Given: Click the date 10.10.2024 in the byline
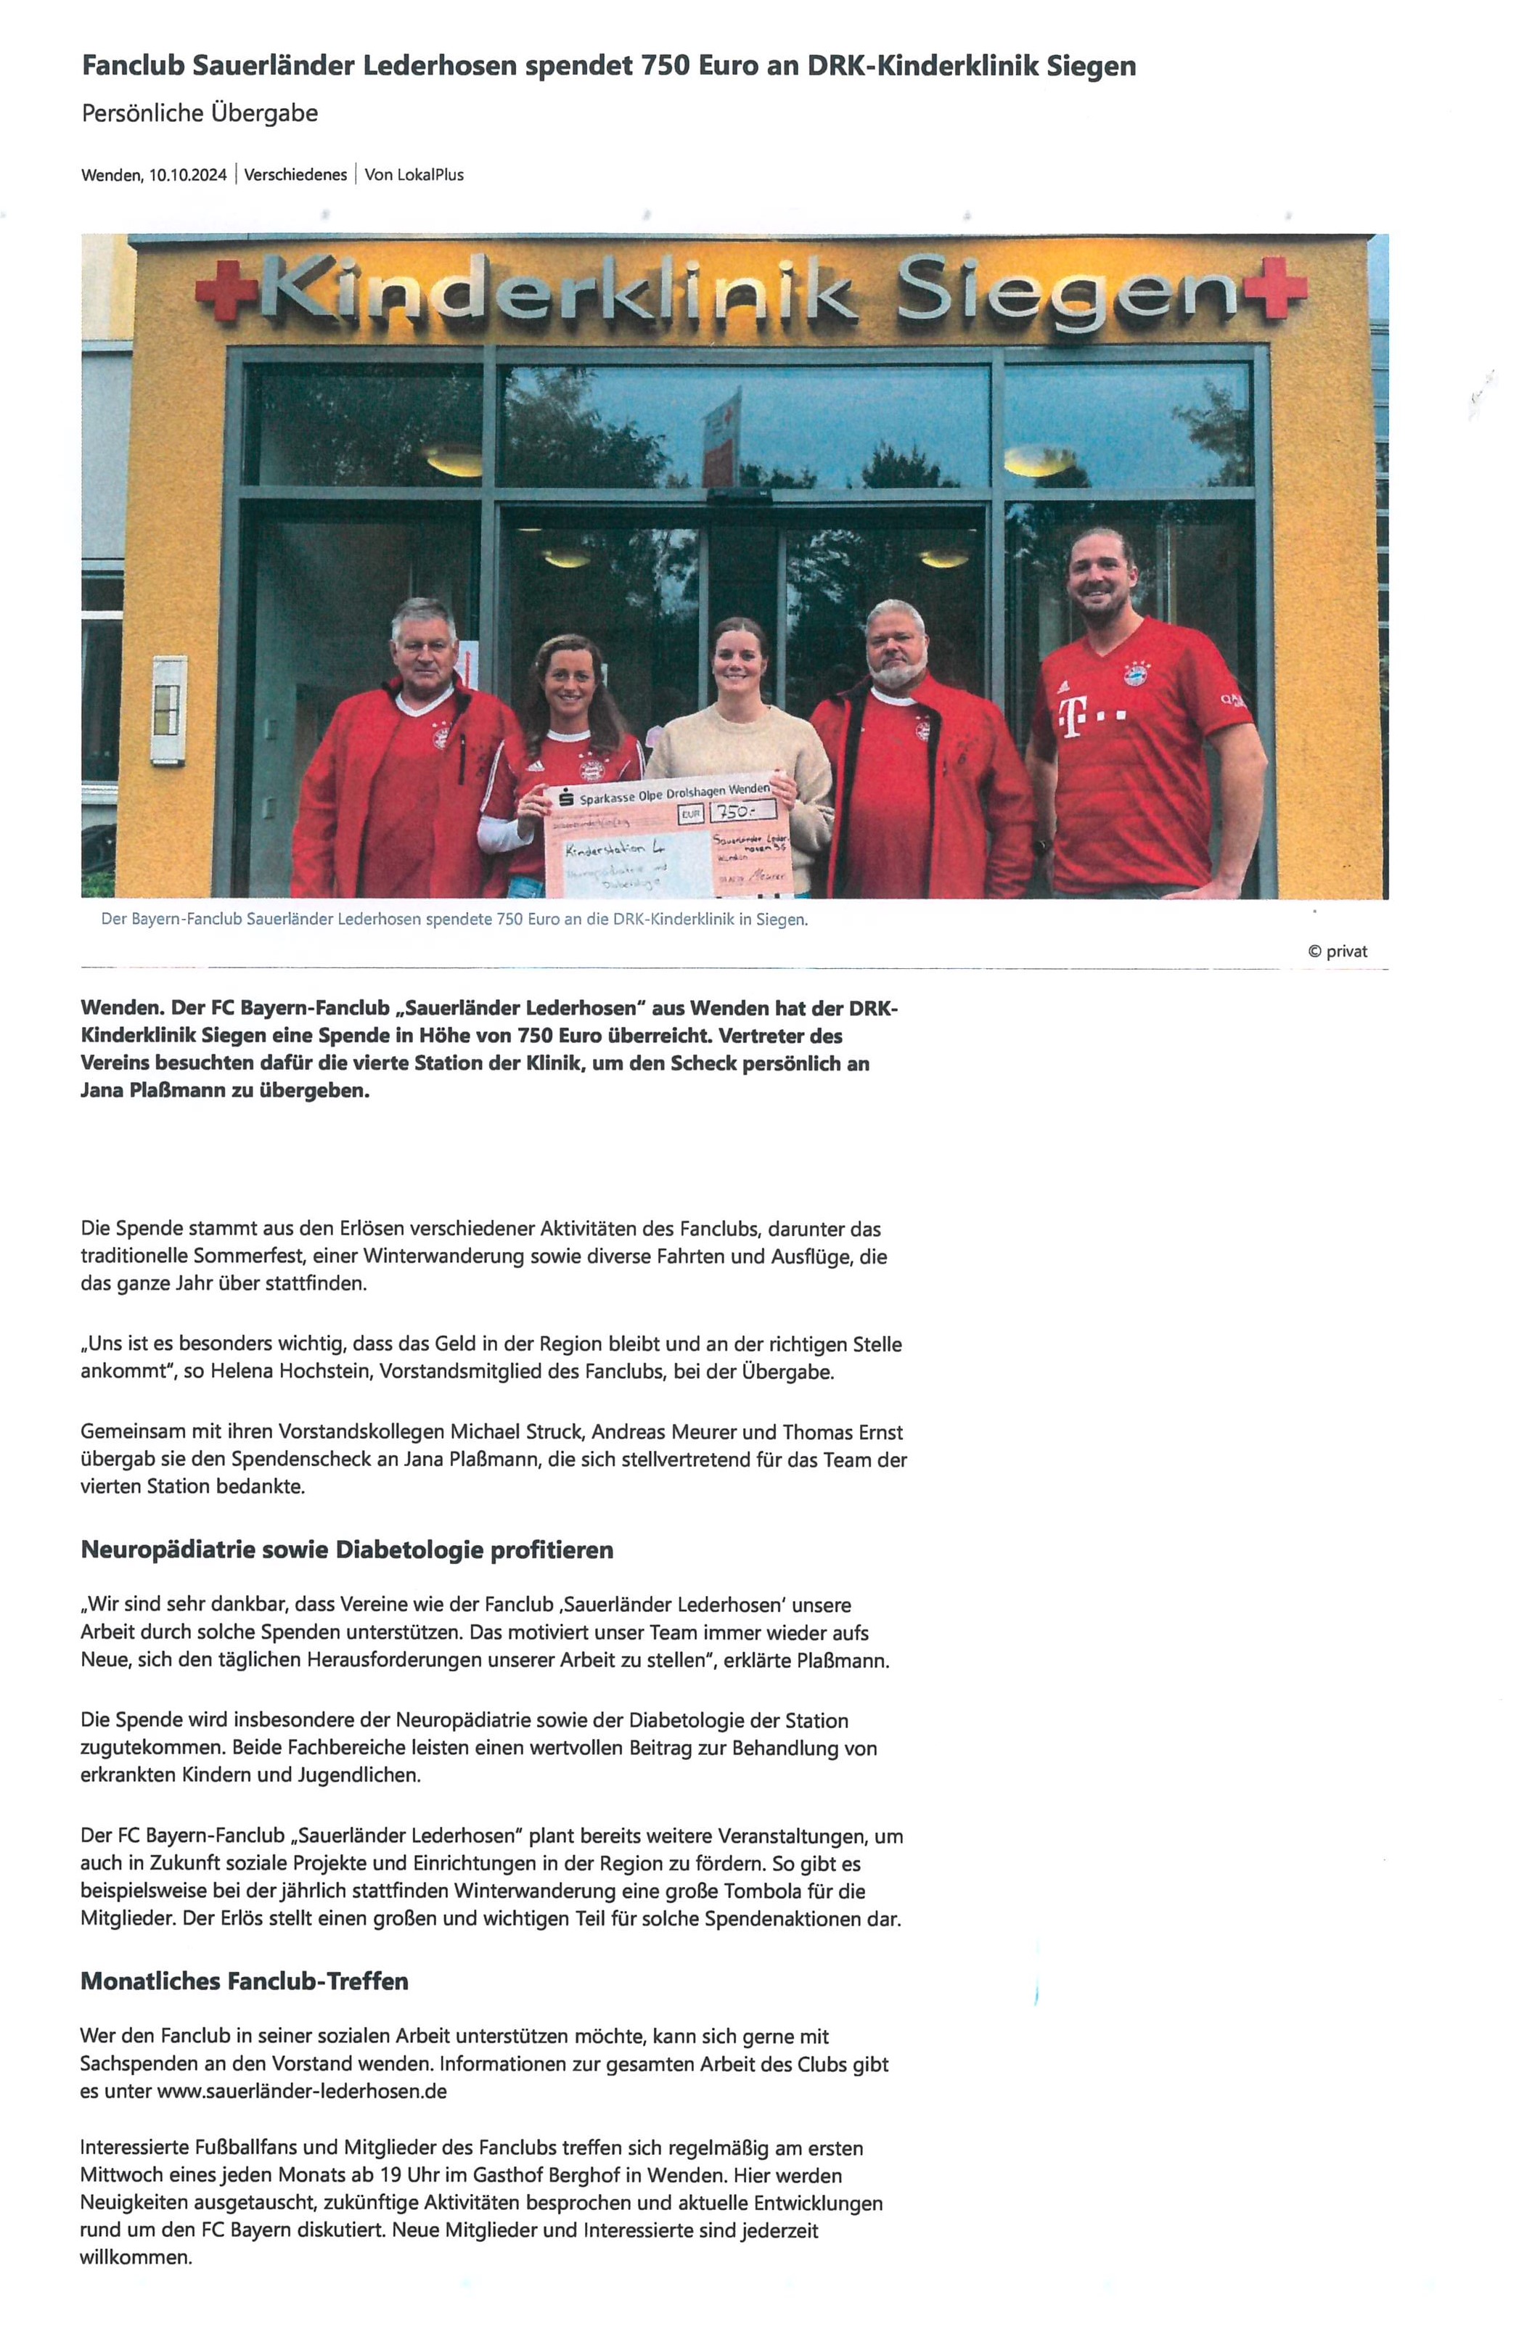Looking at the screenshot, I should coord(187,175).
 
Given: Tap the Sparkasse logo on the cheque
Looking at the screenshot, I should coord(565,798).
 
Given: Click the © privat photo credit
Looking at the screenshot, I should coord(1336,951).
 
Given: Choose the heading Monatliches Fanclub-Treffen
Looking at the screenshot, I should coord(244,1981).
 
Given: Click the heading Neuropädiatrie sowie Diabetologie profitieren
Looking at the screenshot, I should coord(347,1550).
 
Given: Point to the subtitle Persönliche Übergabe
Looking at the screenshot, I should coord(200,113).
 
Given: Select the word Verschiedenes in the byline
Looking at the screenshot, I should coord(295,175).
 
